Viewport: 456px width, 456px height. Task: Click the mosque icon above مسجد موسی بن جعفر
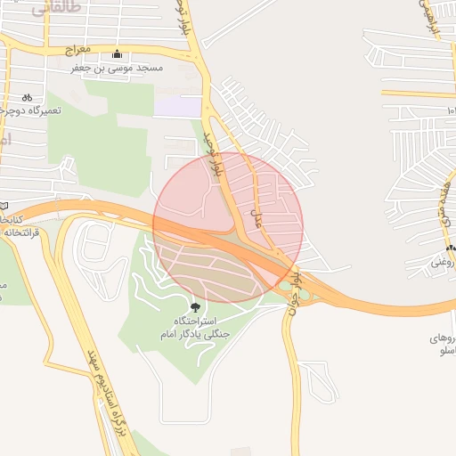(x=118, y=53)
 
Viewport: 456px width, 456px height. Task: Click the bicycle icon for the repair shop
(x=27, y=97)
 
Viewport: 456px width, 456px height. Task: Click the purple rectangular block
(x=178, y=106)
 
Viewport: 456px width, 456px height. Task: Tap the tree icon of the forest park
(x=196, y=307)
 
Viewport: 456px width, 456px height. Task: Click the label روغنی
(x=443, y=263)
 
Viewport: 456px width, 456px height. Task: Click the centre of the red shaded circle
(x=228, y=227)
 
